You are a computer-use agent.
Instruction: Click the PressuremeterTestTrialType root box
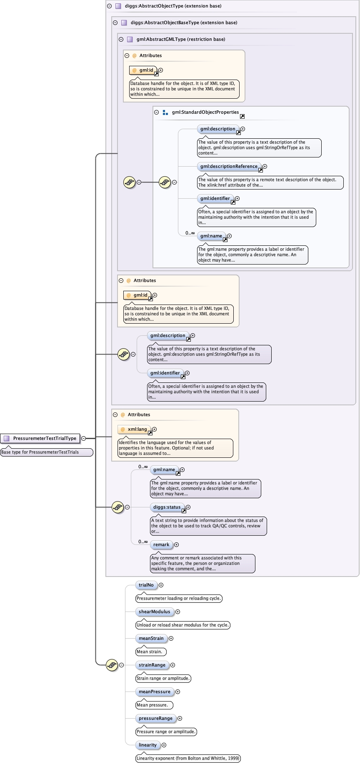click(40, 438)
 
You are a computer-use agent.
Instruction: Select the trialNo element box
click(146, 585)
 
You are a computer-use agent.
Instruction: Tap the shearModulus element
click(154, 612)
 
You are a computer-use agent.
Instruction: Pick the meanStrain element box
click(151, 639)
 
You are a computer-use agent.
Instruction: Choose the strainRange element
click(152, 665)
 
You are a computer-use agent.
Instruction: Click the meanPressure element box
click(154, 692)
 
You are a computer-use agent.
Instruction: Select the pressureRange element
click(155, 719)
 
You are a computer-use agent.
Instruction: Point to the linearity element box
click(148, 745)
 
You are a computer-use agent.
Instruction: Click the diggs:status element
click(167, 507)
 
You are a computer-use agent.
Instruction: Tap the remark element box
click(161, 545)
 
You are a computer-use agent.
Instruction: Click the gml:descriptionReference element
click(229, 167)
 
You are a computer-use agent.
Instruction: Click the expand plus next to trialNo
click(161, 585)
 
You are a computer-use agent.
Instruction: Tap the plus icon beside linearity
click(164, 745)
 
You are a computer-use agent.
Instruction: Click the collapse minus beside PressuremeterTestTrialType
click(84, 438)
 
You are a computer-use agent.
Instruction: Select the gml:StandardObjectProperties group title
click(205, 112)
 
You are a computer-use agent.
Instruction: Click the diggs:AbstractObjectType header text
click(173, 6)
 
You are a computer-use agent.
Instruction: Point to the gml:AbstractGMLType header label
click(180, 40)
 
